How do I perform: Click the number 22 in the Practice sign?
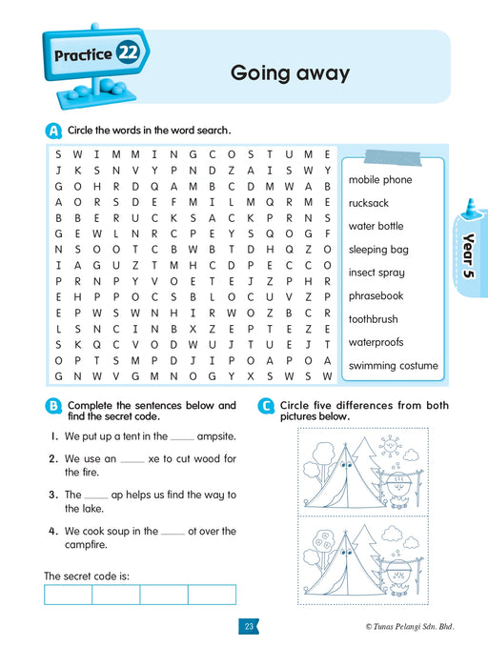pos(129,53)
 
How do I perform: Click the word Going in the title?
pos(258,72)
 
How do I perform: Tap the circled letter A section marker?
pos(52,131)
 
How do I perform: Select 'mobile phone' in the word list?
pos(380,179)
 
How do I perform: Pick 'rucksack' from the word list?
pos(369,203)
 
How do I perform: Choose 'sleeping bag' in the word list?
pos(378,250)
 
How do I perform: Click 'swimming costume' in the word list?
pos(393,366)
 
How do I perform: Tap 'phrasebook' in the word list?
pos(376,296)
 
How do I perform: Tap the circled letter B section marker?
pos(53,407)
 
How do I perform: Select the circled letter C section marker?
pos(267,407)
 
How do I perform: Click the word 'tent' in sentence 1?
pos(130,436)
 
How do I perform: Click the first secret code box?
pos(68,595)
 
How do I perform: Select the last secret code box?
pos(212,595)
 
